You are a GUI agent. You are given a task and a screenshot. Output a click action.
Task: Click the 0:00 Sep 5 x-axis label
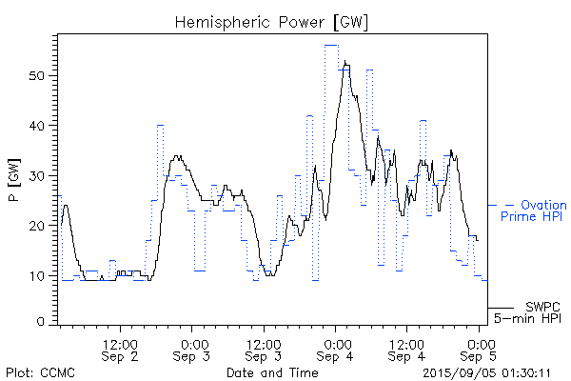(480, 349)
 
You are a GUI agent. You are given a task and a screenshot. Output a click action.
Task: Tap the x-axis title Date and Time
(272, 372)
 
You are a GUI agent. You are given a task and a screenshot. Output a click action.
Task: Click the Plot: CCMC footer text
(37, 372)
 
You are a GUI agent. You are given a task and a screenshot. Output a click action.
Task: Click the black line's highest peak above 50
(345, 63)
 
